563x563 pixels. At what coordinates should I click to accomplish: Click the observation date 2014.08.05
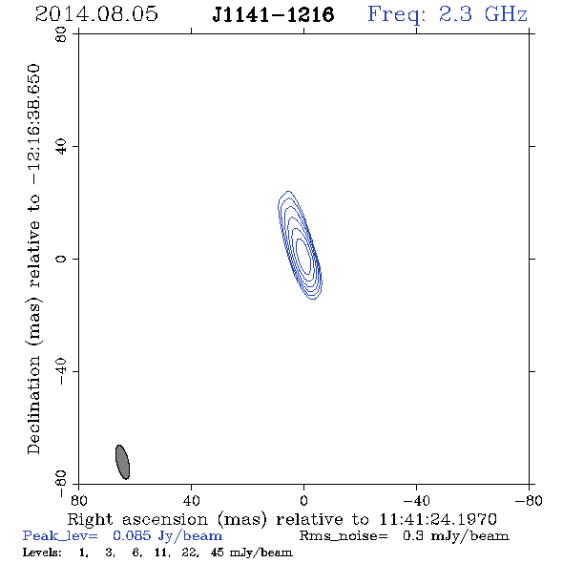(x=96, y=14)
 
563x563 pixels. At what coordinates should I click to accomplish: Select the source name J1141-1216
(x=273, y=15)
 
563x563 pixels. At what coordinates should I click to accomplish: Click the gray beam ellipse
(x=122, y=462)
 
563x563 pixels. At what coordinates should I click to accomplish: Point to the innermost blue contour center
(x=303, y=256)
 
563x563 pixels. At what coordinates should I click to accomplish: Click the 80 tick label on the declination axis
(x=61, y=34)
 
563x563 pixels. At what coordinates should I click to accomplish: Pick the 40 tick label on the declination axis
(x=61, y=147)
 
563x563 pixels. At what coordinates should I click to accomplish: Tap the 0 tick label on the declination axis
(x=61, y=259)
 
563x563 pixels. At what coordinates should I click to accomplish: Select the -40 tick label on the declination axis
(x=61, y=371)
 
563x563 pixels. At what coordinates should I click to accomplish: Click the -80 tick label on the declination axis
(x=61, y=484)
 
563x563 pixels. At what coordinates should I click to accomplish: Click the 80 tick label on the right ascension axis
(x=78, y=501)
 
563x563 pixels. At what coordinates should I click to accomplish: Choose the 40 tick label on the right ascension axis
(x=191, y=501)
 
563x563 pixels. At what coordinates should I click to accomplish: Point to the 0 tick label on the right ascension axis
(x=303, y=501)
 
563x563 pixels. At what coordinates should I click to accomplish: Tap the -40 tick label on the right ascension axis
(x=416, y=501)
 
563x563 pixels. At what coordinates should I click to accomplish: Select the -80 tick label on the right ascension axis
(x=529, y=501)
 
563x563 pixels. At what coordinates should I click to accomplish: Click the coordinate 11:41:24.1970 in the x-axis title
(x=438, y=519)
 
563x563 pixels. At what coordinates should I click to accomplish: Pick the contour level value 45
(x=219, y=553)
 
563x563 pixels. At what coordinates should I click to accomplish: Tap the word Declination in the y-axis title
(x=33, y=405)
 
